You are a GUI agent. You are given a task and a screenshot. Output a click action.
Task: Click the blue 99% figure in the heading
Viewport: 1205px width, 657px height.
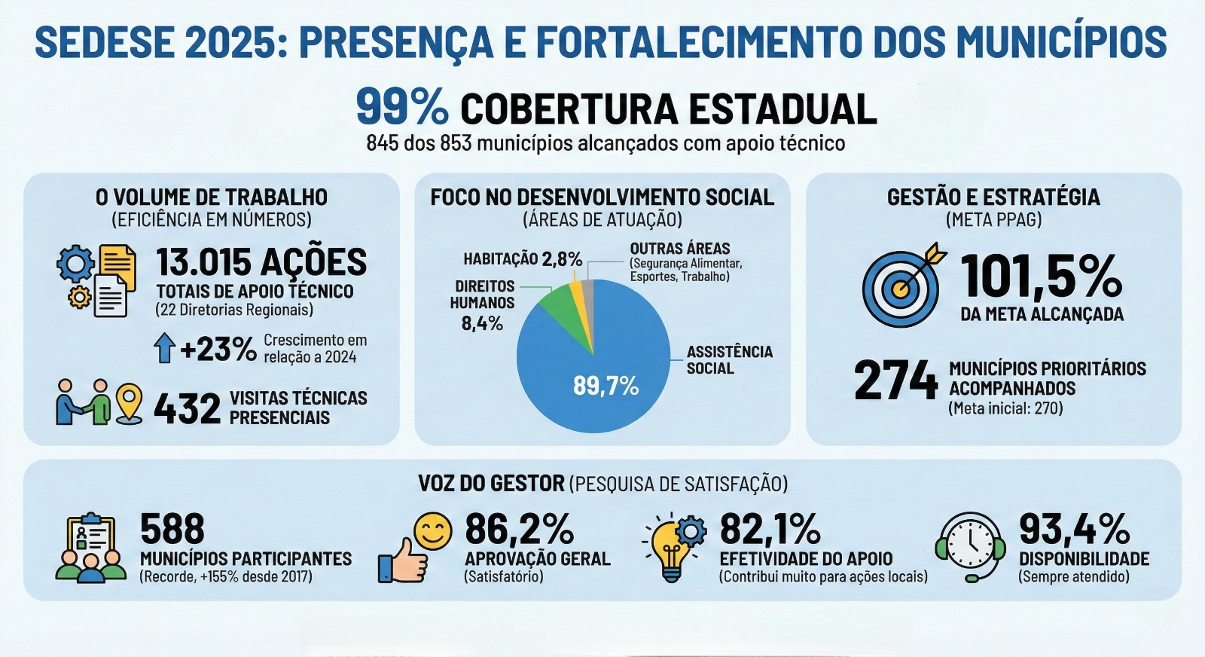[x=401, y=107]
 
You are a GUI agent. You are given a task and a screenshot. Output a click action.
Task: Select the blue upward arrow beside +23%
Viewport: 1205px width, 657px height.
[x=164, y=348]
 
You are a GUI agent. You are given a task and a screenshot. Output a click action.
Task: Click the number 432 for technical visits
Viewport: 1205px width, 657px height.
[x=187, y=408]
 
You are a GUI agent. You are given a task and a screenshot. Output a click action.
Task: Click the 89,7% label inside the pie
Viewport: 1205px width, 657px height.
[x=606, y=386]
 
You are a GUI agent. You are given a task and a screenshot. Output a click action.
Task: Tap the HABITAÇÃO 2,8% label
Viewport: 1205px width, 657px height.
[x=523, y=259]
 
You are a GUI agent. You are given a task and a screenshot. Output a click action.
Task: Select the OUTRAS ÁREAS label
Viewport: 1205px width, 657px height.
[x=680, y=249]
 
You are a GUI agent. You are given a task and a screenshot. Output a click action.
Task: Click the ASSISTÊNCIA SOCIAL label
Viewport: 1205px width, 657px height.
[x=729, y=360]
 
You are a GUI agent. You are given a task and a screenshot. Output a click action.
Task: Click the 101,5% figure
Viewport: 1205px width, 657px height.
[x=1042, y=276]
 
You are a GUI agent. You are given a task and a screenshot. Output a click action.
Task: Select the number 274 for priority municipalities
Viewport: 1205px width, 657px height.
[x=895, y=380]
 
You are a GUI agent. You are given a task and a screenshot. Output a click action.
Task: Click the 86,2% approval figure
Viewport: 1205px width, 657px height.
[x=519, y=529]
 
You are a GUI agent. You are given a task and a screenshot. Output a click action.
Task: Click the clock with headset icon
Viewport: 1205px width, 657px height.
[x=971, y=545]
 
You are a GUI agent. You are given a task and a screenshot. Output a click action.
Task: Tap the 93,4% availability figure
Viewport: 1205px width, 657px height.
[x=1074, y=529]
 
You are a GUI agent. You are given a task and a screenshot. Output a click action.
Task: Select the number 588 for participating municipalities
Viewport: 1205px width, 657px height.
[x=172, y=529]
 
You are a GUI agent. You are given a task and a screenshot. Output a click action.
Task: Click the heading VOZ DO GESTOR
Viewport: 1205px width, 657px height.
[x=491, y=483]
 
